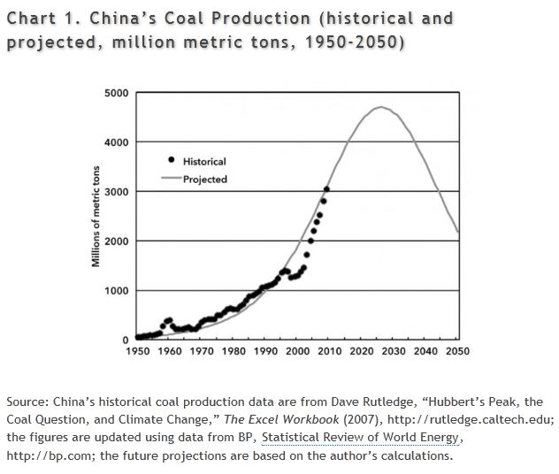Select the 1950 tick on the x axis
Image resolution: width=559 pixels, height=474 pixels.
138,351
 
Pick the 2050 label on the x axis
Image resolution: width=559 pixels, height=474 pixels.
457,351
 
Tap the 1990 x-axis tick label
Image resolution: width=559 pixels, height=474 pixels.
266,351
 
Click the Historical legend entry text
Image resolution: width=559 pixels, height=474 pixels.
204,162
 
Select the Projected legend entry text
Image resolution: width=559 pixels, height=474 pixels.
205,180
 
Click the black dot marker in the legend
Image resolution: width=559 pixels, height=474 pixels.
171,159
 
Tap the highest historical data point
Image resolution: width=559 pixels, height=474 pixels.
326,189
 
